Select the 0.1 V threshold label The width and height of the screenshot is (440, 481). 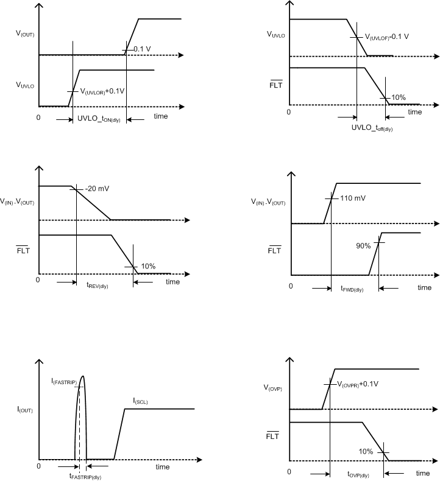[x=142, y=49]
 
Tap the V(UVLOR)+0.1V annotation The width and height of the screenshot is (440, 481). [x=103, y=91]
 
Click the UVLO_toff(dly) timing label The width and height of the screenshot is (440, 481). [x=372, y=128]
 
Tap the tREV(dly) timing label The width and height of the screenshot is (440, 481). [x=98, y=284]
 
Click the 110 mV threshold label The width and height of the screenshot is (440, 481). [x=353, y=198]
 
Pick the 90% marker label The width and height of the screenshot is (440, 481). [x=364, y=246]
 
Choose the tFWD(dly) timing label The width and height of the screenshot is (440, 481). [x=352, y=289]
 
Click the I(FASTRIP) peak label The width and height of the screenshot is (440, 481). [x=64, y=381]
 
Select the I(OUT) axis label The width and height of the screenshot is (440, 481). [x=24, y=410]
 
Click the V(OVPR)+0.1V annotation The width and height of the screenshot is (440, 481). [x=358, y=384]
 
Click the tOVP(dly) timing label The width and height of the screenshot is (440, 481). [x=361, y=474]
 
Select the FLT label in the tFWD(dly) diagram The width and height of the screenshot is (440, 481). [x=275, y=250]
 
